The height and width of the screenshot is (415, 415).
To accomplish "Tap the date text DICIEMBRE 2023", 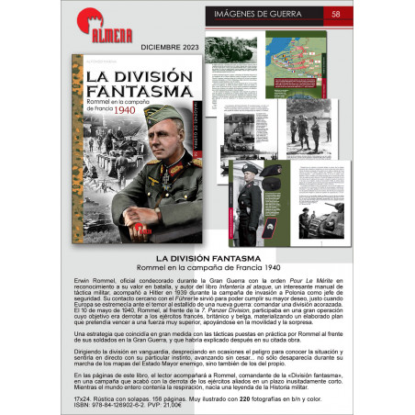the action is point(145,45).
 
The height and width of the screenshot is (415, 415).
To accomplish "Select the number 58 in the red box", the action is point(336,14).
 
